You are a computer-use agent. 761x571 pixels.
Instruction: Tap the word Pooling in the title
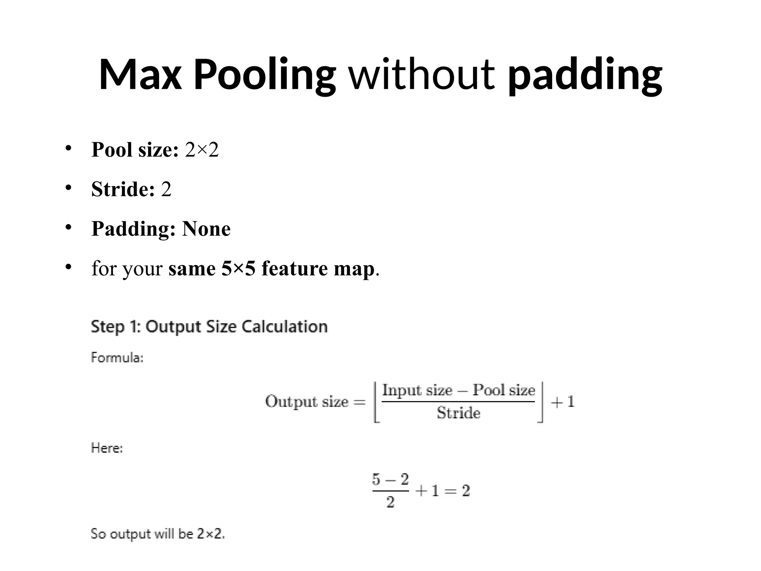265,75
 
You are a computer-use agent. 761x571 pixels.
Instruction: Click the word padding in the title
585,75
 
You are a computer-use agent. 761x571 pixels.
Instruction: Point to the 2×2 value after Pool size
202,150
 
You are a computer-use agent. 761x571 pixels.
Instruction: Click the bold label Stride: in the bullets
123,189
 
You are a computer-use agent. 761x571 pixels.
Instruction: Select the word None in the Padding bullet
206,228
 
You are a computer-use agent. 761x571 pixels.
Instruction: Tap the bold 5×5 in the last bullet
239,268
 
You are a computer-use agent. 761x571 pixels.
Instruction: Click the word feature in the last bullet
295,268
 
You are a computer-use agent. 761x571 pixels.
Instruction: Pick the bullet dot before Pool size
68,148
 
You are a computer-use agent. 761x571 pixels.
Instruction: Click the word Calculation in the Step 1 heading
285,327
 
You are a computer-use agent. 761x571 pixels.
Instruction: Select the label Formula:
117,358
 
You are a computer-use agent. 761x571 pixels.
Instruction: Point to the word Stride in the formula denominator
458,413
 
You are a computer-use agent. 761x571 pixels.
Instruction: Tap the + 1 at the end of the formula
563,401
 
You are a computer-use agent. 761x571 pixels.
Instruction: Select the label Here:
107,448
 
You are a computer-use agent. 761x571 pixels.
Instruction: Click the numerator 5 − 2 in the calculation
390,479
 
